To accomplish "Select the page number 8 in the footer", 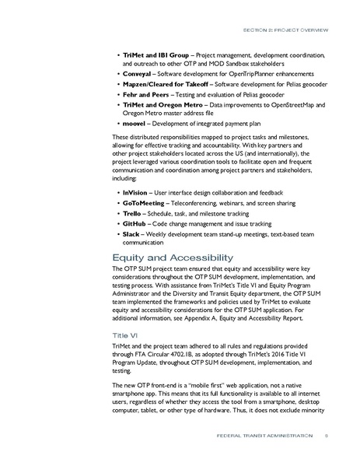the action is [x=327, y=436].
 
